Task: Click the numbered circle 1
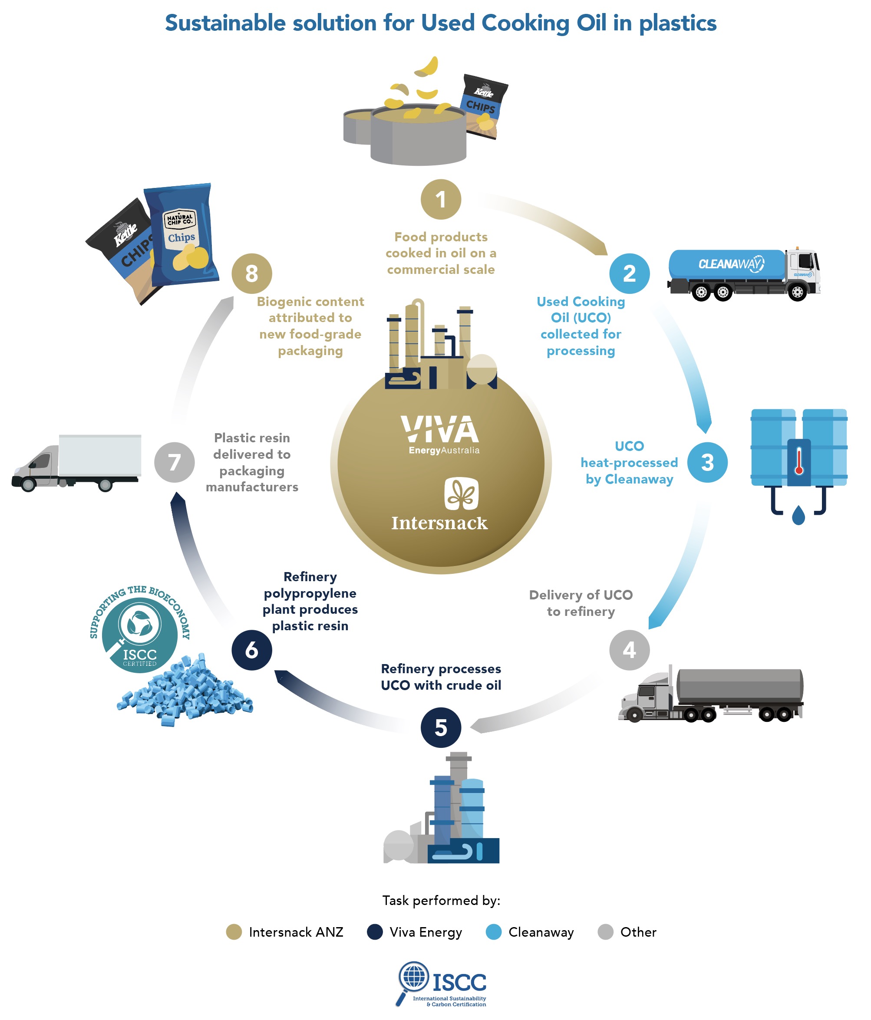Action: [441, 199]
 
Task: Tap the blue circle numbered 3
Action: [707, 462]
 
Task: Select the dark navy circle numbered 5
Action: [441, 727]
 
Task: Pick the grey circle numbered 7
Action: [174, 462]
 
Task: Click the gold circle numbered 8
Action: [251, 273]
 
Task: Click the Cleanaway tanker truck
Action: [743, 274]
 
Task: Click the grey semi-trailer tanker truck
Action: [712, 694]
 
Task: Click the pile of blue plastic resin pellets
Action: [185, 692]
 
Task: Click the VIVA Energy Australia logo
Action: [440, 434]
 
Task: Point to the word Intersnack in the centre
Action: [439, 523]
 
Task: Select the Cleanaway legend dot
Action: [493, 931]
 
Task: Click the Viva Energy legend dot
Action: [375, 931]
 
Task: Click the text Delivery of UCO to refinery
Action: [581, 603]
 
